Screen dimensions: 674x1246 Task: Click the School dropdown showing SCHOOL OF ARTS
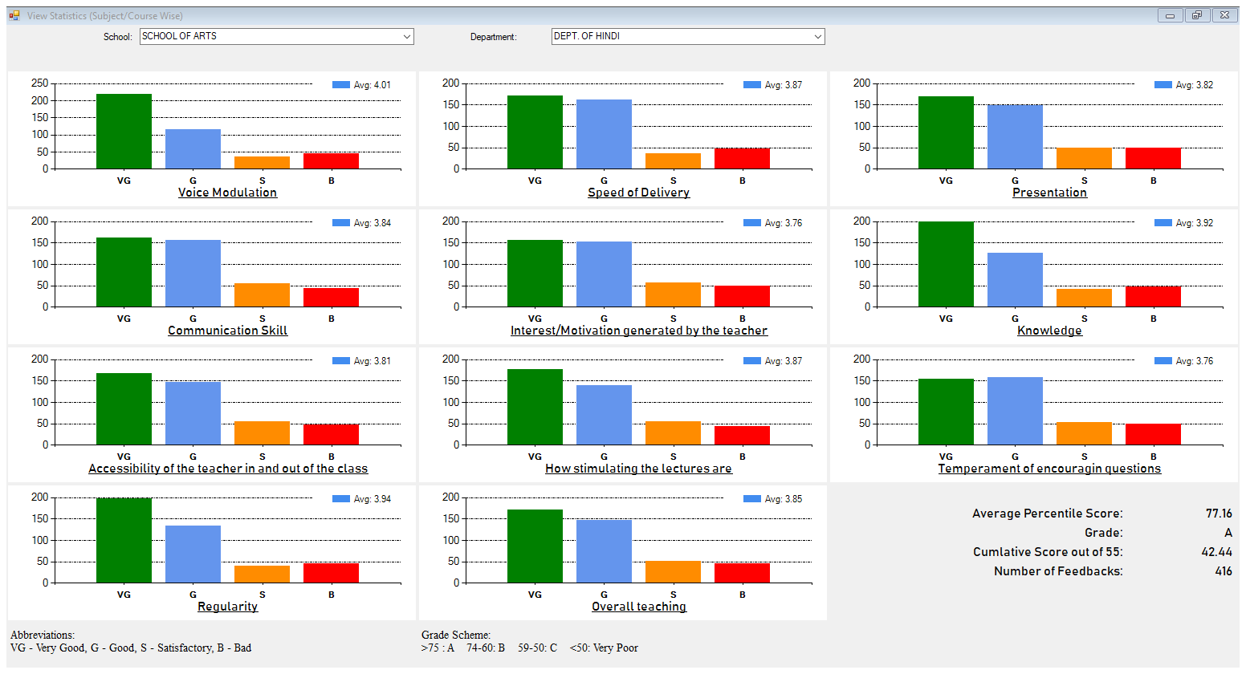click(x=276, y=36)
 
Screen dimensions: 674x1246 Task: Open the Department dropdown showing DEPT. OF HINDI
click(x=687, y=36)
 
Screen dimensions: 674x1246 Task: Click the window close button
click(x=1225, y=15)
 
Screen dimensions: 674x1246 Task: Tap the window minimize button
click(x=1170, y=15)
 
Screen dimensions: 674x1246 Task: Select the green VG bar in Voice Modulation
click(x=124, y=131)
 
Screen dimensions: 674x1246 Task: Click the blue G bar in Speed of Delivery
click(x=604, y=134)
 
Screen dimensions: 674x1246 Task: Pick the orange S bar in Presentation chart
click(x=1084, y=158)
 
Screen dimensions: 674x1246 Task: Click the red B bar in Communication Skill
click(x=331, y=297)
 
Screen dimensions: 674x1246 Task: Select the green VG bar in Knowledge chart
click(x=946, y=264)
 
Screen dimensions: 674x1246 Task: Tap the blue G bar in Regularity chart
click(x=193, y=554)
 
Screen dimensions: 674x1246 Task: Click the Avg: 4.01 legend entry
click(x=362, y=85)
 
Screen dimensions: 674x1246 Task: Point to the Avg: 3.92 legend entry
click(x=1184, y=223)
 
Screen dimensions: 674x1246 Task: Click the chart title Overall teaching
click(x=639, y=607)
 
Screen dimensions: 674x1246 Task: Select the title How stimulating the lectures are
click(x=638, y=469)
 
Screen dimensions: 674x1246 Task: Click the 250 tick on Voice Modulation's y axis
click(x=40, y=83)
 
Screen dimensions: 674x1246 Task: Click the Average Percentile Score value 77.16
click(x=1219, y=514)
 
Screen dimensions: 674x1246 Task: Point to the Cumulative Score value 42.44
click(x=1216, y=552)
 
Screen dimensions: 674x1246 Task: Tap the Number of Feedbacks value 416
click(x=1224, y=571)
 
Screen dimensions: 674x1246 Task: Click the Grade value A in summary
click(x=1228, y=533)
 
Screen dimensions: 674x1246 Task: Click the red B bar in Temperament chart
click(x=1153, y=434)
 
